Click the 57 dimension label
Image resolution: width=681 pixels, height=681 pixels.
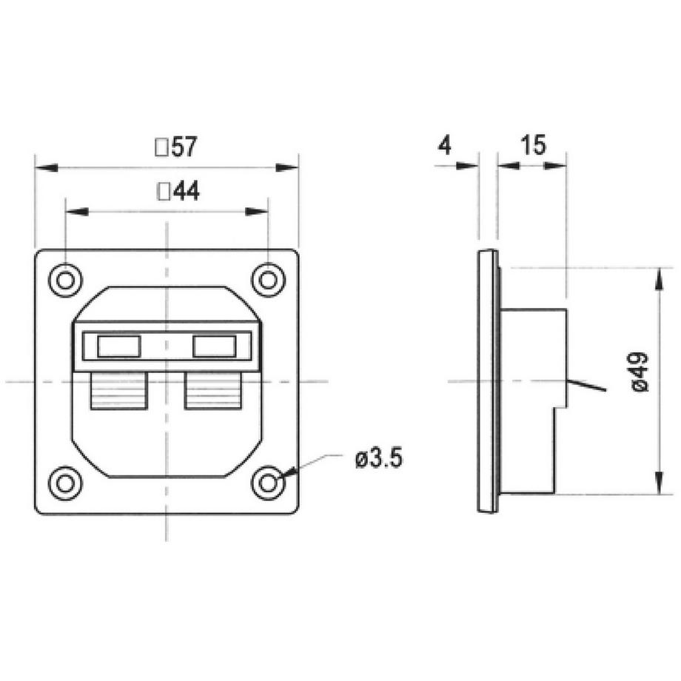tap(184, 147)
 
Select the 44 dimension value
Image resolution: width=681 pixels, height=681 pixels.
tap(187, 191)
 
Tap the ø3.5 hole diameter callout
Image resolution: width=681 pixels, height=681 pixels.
tap(379, 459)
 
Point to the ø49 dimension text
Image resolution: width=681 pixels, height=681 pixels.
tap(640, 372)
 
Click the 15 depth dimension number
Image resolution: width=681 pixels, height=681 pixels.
tap(533, 145)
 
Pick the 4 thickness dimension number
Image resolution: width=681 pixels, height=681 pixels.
tap(445, 145)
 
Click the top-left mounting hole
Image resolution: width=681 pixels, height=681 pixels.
tap(65, 280)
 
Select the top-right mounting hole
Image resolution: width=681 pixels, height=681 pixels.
tap(269, 280)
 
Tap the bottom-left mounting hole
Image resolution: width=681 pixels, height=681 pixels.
tap(65, 483)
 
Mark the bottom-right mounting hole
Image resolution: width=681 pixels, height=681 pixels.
tap(269, 483)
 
